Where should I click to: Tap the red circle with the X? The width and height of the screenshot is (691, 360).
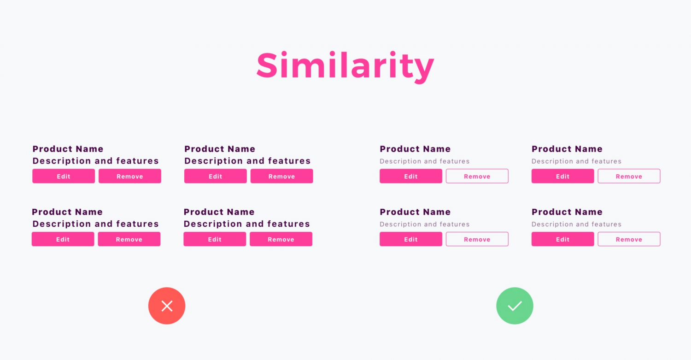coord(167,306)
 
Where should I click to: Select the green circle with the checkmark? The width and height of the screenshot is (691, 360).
coord(515,306)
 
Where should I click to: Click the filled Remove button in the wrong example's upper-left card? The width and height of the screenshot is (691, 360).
coord(130,176)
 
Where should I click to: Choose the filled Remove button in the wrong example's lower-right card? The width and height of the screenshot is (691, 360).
coord(281,239)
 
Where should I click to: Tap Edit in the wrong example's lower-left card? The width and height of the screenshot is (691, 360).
coord(63,239)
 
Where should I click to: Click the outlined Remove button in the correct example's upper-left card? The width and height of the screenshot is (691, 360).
coord(477,176)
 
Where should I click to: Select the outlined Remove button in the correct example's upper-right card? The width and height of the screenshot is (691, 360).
coord(629,176)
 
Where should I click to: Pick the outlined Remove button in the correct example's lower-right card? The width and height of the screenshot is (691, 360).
coord(629,239)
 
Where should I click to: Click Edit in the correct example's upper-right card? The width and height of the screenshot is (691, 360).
coord(562,176)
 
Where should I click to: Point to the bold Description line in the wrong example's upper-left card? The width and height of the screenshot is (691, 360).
coord(95,161)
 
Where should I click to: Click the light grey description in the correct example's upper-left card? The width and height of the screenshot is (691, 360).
coord(424,161)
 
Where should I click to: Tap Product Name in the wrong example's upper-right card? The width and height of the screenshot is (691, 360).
coord(220,149)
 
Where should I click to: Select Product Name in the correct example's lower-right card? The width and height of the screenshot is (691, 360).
coord(567,212)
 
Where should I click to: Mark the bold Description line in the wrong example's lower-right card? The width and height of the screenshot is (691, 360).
coord(246,224)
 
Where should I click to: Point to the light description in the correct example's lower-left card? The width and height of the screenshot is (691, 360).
coord(424,224)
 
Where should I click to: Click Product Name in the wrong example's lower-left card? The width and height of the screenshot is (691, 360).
coord(67,212)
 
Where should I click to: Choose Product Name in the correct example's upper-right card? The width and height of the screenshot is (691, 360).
coord(567,149)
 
